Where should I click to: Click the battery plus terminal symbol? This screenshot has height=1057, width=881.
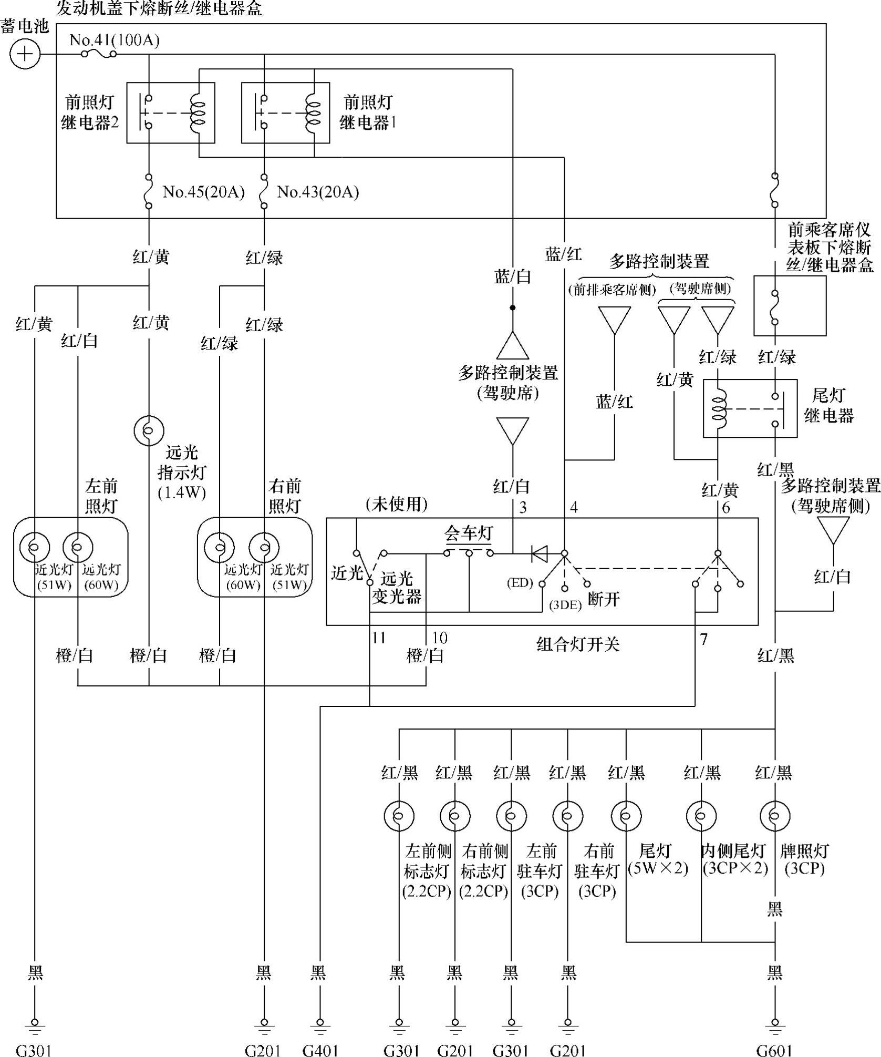click(x=25, y=54)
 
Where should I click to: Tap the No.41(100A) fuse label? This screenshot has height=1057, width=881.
click(x=115, y=40)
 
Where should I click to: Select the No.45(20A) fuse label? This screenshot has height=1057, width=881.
click(x=204, y=192)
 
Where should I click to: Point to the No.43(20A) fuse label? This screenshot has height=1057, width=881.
click(x=318, y=192)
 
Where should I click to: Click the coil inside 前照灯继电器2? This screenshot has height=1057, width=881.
click(x=199, y=112)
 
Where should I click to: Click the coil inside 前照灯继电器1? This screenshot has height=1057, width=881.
click(x=314, y=112)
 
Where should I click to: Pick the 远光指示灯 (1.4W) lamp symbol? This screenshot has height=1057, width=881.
click(x=149, y=430)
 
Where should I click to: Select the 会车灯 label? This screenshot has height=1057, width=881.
click(x=469, y=533)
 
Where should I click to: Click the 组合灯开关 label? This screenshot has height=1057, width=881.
click(x=578, y=644)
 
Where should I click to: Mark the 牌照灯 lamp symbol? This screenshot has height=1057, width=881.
click(x=775, y=816)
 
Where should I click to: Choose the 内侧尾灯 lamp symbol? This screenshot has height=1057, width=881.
click(x=701, y=816)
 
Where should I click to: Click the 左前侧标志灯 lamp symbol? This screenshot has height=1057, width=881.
click(x=399, y=816)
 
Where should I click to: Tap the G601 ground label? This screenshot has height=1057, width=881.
click(x=774, y=1050)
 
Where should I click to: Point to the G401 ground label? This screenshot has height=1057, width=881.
click(x=320, y=1050)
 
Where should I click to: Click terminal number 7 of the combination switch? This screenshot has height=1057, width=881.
click(x=704, y=639)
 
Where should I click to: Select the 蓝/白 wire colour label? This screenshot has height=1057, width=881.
click(x=513, y=276)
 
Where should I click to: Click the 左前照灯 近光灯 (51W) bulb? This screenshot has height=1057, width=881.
click(x=35, y=547)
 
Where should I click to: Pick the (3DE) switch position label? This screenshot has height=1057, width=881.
click(x=565, y=604)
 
